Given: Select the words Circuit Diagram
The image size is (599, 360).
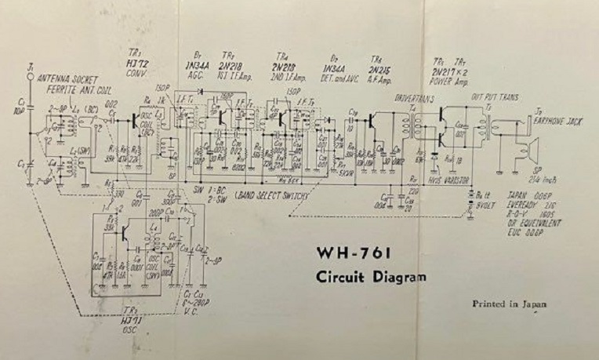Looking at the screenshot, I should (372, 277).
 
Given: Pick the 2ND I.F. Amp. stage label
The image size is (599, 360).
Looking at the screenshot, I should (285, 75).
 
